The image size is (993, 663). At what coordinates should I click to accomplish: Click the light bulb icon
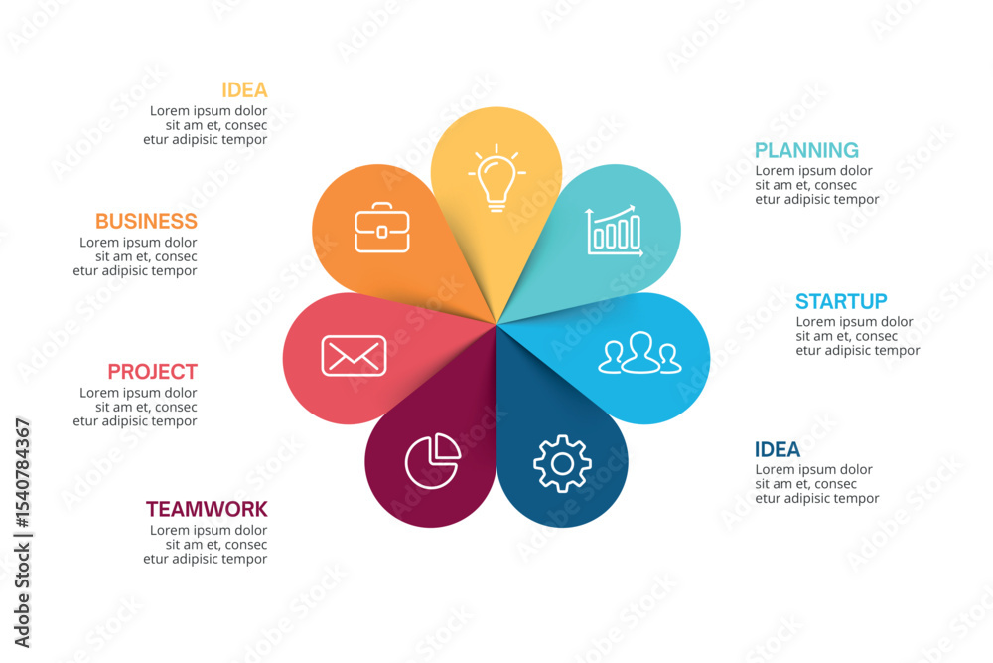(496, 178)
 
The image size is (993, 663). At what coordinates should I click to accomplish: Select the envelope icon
(354, 356)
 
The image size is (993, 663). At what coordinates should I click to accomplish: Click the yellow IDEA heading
(244, 90)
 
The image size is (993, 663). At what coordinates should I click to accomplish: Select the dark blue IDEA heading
(778, 449)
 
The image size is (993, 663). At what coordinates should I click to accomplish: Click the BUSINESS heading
(146, 221)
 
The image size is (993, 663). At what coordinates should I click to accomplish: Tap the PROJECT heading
(153, 371)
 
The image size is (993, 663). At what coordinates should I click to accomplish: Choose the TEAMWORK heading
(208, 509)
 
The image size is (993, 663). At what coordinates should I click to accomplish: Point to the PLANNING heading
(806, 150)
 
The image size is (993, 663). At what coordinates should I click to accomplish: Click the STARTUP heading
(842, 301)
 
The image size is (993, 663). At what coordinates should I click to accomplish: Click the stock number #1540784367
(22, 473)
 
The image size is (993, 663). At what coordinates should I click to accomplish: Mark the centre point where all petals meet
(496, 324)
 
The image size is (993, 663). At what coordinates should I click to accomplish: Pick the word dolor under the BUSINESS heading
(181, 243)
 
